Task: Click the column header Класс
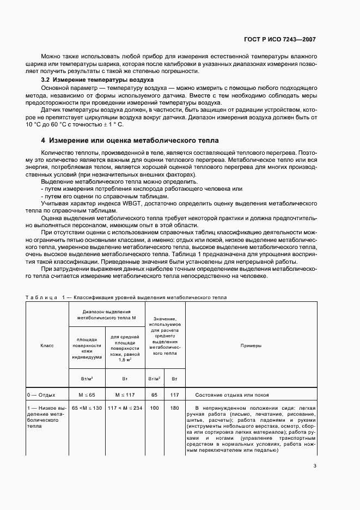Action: point(47,345)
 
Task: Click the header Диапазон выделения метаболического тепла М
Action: point(106,313)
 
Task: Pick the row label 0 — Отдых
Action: point(41,394)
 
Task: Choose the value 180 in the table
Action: point(174,408)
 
